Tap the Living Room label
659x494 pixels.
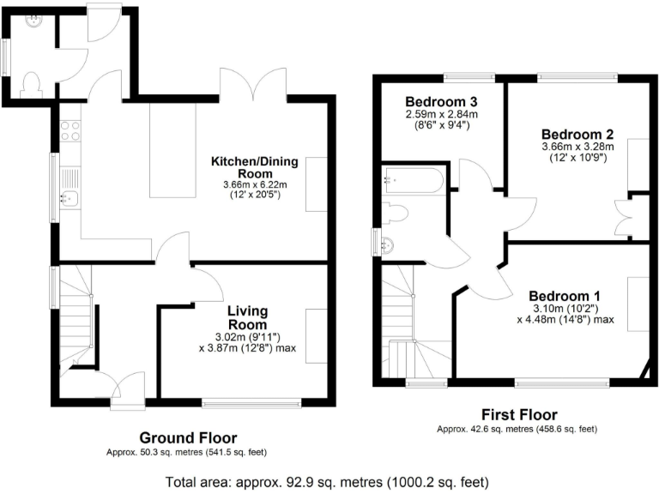click(247, 317)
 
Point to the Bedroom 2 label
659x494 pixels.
click(576, 134)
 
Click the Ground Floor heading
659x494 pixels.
click(188, 437)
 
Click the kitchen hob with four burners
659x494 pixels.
click(70, 130)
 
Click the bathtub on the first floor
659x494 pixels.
click(414, 180)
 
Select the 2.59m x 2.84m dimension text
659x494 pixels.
click(441, 113)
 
